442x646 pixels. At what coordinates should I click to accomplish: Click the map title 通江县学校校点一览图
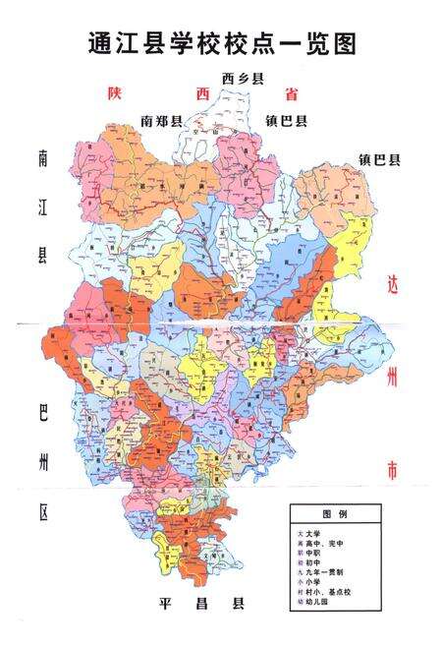tap(220, 42)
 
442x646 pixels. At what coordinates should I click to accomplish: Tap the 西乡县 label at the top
tap(243, 78)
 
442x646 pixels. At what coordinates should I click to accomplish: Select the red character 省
tap(291, 94)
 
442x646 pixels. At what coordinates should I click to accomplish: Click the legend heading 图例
tap(336, 514)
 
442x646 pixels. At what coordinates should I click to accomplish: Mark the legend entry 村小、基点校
tap(330, 591)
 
